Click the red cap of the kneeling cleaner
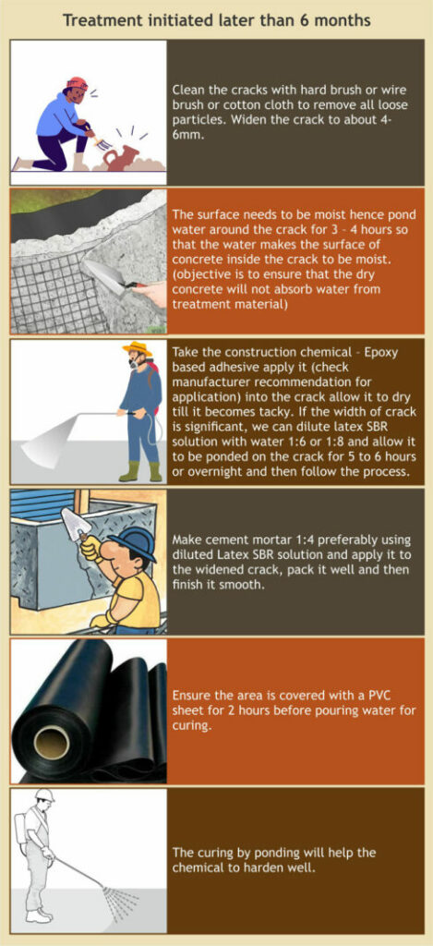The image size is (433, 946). (x=77, y=83)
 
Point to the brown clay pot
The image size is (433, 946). (x=121, y=158)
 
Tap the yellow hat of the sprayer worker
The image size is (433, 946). (x=137, y=348)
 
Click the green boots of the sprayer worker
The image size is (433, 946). (x=138, y=470)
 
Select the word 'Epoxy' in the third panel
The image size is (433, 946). (x=382, y=353)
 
